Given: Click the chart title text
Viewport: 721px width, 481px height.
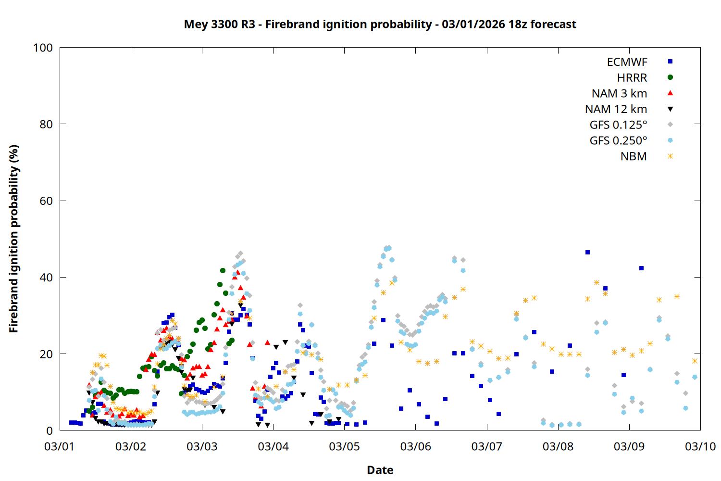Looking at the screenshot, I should (380, 24).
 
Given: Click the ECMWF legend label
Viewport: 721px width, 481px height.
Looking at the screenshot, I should (627, 62).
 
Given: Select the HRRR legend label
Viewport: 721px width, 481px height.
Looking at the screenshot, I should (632, 78).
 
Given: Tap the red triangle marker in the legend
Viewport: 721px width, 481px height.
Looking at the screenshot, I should (670, 93).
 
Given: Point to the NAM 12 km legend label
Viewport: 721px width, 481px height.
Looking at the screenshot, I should (616, 109).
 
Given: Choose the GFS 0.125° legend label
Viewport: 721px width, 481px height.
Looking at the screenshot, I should (618, 125).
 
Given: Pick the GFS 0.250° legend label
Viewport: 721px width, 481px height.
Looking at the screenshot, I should (618, 141).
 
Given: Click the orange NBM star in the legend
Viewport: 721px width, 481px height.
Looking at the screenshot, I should (670, 156).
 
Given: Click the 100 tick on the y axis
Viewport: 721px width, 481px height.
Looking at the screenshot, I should (43, 48).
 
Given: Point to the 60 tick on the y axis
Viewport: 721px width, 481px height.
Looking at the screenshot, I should (46, 201).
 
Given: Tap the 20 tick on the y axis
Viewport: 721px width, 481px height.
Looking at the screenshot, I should (46, 354).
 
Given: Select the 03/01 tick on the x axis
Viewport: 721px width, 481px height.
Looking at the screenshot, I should (59, 446).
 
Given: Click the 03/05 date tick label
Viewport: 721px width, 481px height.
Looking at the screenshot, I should (344, 446).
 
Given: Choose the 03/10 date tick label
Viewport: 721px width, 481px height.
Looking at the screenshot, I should (700, 446).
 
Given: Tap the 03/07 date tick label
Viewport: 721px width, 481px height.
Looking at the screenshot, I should (486, 446).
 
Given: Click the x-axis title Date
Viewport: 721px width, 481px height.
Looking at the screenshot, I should (380, 470).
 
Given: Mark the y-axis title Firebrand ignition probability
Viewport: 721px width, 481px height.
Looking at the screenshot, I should (14, 239).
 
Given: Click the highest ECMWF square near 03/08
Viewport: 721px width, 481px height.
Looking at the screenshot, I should (587, 252).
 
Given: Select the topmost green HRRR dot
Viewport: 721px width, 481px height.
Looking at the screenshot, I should (223, 271).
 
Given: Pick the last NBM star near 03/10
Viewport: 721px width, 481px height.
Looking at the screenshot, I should (695, 361).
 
